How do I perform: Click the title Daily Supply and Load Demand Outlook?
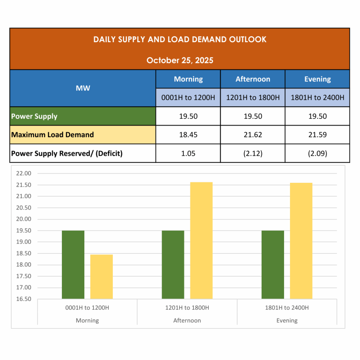pos(180,39)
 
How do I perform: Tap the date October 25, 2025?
pos(180,60)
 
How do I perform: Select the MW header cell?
pos(83,88)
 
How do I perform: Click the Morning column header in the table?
pos(188,79)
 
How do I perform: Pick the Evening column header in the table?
pos(317,79)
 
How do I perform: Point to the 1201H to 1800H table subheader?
pos(253,97)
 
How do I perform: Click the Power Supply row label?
pos(34,116)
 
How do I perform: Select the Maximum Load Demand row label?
pos(52,135)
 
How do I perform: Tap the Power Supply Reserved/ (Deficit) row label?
pos(67,153)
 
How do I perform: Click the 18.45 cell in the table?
pos(188,135)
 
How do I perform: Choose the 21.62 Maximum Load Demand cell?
pos(253,135)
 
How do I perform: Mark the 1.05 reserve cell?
pos(188,153)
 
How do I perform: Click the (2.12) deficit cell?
pos(253,153)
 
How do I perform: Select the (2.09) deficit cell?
pos(317,153)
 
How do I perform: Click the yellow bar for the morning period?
pos(102,277)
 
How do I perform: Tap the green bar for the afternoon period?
pos(173,265)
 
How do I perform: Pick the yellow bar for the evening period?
pos(301,241)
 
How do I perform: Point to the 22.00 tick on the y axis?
pos(24,173)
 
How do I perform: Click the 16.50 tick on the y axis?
pos(24,299)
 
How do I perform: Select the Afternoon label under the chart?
pos(187,321)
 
